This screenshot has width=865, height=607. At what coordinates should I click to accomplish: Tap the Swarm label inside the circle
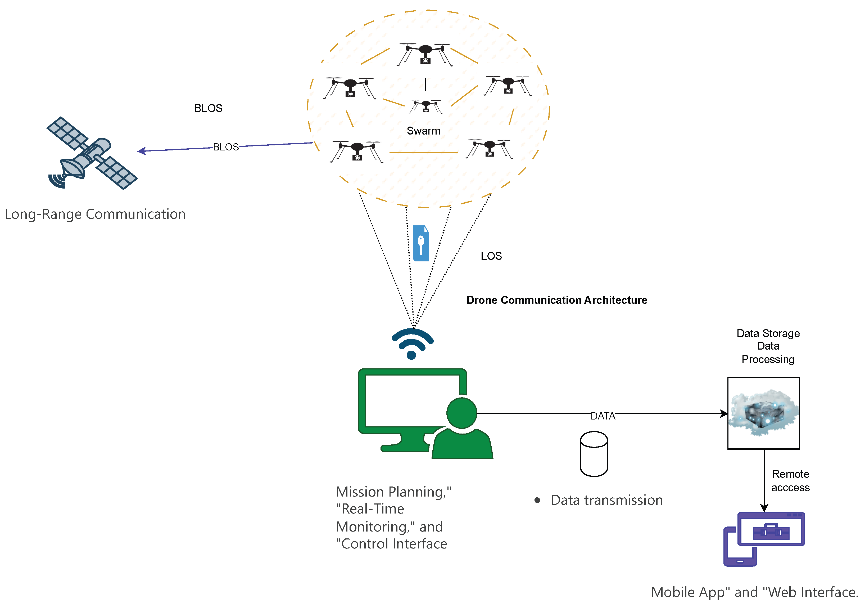click(x=423, y=131)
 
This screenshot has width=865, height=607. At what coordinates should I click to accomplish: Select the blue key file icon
click(x=420, y=243)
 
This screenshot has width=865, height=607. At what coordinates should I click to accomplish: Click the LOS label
click(x=491, y=256)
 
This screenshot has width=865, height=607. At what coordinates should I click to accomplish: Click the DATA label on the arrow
click(x=603, y=416)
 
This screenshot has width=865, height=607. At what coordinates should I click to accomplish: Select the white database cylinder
click(x=594, y=454)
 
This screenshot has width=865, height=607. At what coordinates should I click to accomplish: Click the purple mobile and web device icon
click(x=764, y=538)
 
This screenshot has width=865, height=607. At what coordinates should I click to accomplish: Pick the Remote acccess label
click(x=790, y=481)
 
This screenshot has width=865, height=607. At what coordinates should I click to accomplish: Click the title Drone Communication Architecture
click(x=556, y=300)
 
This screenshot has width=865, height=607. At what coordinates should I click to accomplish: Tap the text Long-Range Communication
click(x=95, y=214)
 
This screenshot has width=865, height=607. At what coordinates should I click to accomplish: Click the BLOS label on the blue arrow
click(x=226, y=147)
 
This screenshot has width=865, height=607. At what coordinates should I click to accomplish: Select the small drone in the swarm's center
click(x=426, y=106)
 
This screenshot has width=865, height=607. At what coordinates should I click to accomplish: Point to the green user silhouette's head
click(x=461, y=413)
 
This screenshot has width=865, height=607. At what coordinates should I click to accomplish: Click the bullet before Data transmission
click(x=537, y=500)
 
